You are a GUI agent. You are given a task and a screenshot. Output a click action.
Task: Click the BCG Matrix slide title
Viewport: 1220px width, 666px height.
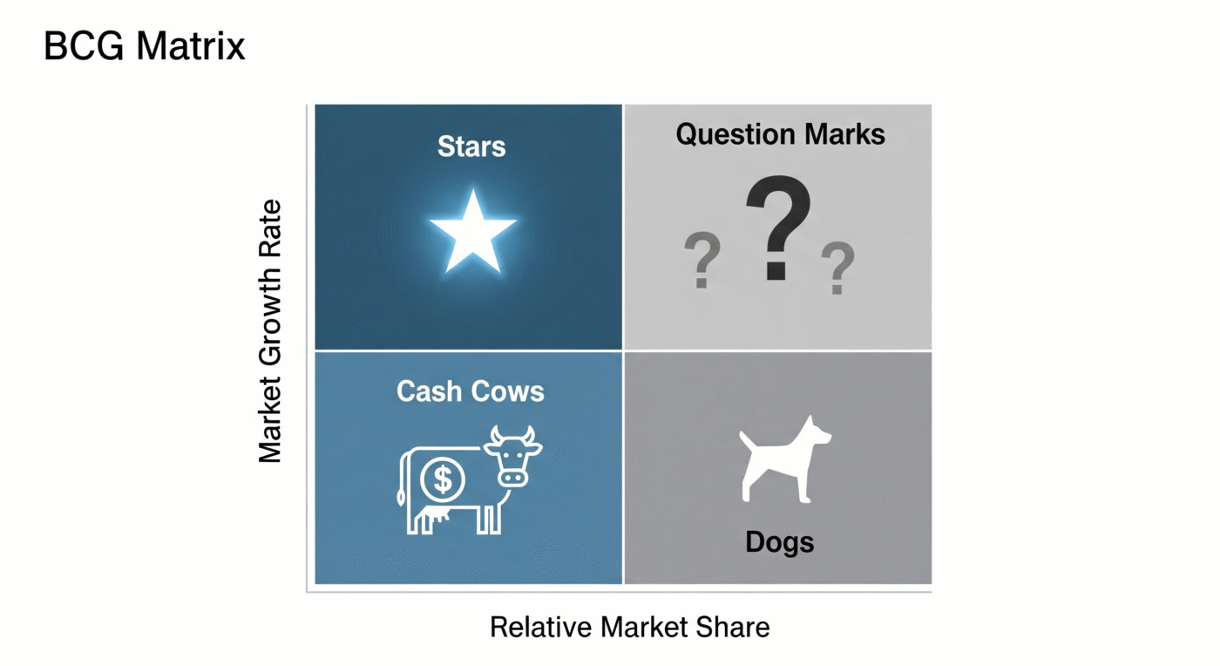[145, 46]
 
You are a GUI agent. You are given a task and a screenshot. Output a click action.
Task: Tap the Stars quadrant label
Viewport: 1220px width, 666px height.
[471, 146]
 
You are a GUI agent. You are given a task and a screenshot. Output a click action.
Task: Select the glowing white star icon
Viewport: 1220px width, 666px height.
[473, 230]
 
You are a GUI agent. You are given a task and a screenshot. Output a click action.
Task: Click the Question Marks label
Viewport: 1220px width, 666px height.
[780, 134]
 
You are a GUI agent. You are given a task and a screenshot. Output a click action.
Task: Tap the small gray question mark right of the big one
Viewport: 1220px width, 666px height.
[837, 268]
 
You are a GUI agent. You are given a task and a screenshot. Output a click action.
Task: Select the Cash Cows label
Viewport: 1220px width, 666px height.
[471, 391]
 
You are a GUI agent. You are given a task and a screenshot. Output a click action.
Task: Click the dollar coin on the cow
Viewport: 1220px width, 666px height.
[443, 478]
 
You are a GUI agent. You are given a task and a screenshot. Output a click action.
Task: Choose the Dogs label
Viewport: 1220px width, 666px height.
[779, 542]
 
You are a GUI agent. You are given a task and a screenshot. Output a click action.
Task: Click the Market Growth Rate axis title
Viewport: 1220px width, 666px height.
[271, 331]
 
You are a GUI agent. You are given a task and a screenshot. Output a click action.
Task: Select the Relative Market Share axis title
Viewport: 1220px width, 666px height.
[629, 627]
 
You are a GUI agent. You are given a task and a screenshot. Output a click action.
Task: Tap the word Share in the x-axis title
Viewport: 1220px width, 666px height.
[734, 627]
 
